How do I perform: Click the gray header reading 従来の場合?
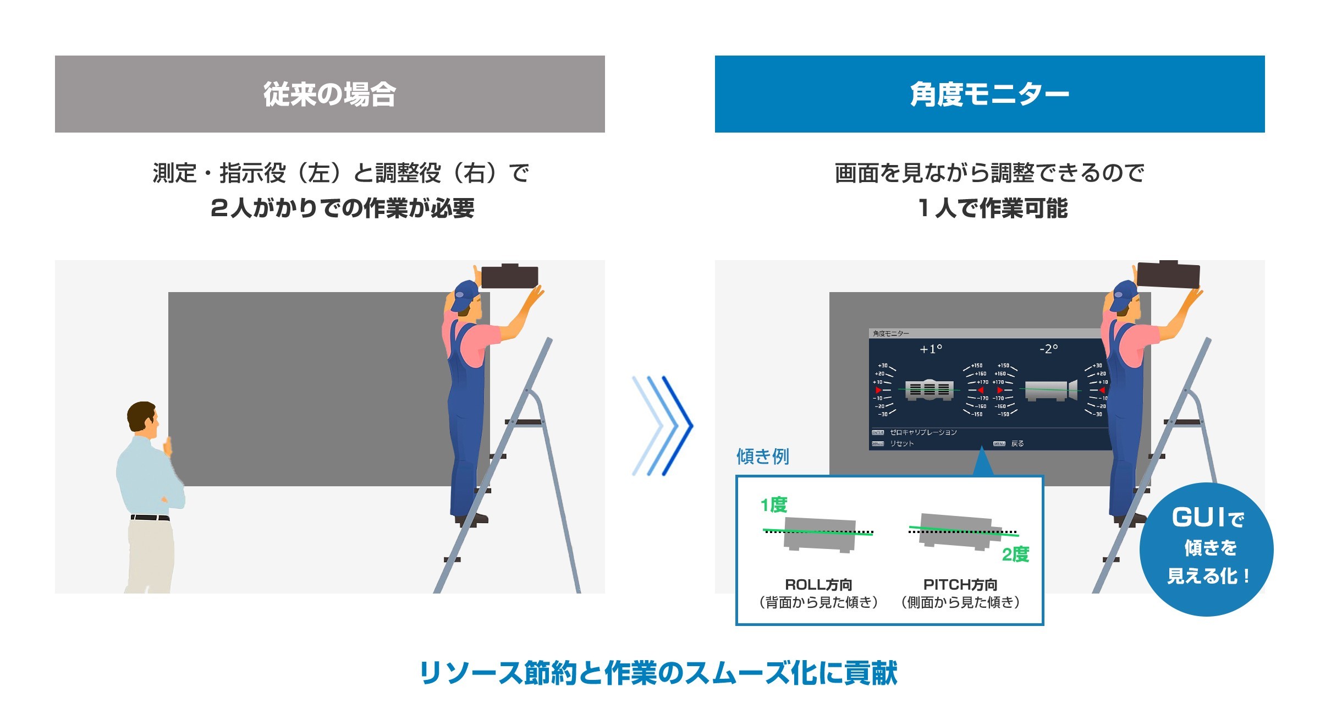pos(329,94)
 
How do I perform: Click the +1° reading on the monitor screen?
pos(931,349)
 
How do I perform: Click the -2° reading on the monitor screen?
pos(1048,349)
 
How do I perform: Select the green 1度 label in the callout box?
pos(773,504)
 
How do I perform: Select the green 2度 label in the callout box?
pos(1015,554)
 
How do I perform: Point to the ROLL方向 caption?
pos(818,584)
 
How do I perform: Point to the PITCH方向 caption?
pos(960,584)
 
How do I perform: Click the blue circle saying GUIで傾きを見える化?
pos(1206,549)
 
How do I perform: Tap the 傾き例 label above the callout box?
pos(762,456)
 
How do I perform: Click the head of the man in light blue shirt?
pos(142,416)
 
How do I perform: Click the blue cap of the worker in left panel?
pos(465,294)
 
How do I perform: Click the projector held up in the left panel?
pos(509,276)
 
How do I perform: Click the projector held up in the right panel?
pos(1168,275)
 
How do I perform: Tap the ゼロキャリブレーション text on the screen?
pos(923,432)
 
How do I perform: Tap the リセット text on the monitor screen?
pos(902,443)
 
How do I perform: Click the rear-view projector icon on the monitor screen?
pos(929,389)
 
